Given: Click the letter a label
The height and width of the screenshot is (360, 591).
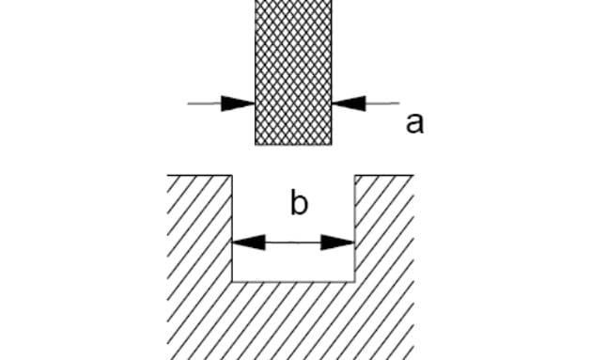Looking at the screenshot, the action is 414,123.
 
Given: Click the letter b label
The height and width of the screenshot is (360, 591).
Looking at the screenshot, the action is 300,202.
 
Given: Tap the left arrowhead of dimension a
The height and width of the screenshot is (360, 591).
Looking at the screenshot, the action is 239,103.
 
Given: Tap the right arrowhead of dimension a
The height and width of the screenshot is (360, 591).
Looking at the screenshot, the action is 349,103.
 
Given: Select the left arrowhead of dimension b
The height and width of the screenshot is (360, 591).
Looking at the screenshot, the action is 249,243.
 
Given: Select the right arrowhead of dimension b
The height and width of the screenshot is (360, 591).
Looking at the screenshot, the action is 337,243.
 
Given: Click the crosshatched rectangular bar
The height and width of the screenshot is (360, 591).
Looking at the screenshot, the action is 293,72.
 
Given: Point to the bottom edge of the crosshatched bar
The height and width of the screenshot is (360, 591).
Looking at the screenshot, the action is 293,145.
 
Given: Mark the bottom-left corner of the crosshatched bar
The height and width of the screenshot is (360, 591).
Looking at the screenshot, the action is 256,145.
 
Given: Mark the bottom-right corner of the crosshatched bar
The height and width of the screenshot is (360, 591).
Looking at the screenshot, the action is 332,145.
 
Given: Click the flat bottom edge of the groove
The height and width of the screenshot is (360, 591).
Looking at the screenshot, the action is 293,282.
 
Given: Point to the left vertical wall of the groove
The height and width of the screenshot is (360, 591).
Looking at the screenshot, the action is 232,228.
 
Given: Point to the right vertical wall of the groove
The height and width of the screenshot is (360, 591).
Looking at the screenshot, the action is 354,228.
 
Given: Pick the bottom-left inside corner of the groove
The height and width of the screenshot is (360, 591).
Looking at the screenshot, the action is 232,282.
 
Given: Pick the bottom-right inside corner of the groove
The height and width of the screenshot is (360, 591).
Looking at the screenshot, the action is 354,282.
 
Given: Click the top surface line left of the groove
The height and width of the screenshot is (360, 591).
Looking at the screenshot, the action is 199,175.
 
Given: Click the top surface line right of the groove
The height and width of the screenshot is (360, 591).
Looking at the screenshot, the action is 384,175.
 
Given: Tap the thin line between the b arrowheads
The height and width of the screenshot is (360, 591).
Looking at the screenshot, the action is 293,243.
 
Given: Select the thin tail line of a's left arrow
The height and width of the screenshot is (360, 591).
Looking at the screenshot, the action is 205,103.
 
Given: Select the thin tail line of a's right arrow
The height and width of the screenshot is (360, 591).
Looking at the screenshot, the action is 382,102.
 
